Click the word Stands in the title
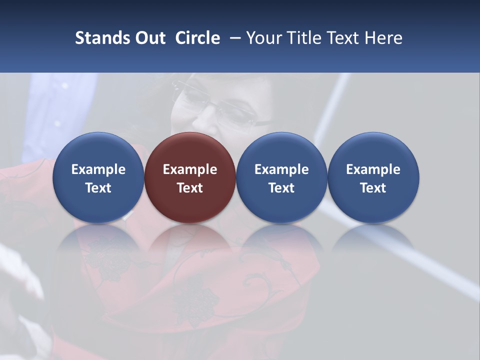click(102, 38)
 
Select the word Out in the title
click(149, 38)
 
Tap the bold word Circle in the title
click(197, 38)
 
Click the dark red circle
click(190, 177)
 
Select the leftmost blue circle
click(98, 177)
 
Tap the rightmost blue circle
click(373, 177)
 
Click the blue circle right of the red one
click(281, 177)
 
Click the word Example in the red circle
click(190, 169)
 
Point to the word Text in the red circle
click(190, 188)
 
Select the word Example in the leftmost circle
click(98, 169)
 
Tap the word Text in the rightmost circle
click(373, 188)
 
